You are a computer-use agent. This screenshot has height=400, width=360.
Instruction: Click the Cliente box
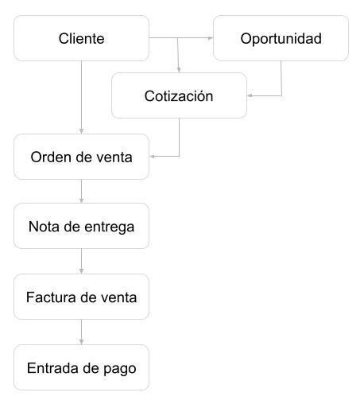(x=82, y=38)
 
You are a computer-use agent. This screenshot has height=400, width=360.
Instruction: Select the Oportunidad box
(x=281, y=38)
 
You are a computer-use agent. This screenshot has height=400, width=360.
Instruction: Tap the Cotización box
(x=179, y=96)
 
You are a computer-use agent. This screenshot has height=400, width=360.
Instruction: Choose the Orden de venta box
(x=82, y=156)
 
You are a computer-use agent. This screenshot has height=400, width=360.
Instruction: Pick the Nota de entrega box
(x=82, y=227)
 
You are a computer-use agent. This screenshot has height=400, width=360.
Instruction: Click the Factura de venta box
(x=82, y=297)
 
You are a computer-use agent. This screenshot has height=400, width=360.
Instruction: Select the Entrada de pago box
(x=82, y=368)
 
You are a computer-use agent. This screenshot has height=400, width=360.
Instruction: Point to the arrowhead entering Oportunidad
(x=210, y=37)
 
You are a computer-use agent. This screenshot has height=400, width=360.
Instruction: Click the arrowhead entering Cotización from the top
(x=179, y=71)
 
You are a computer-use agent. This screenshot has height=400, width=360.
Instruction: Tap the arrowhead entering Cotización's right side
(x=250, y=96)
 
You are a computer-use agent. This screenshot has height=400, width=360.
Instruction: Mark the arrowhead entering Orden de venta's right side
(x=153, y=156)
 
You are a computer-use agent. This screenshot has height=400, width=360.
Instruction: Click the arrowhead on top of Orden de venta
(x=82, y=132)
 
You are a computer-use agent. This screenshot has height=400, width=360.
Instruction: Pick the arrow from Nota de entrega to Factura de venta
(x=82, y=262)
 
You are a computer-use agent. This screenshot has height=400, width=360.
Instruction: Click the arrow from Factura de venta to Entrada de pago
(x=82, y=332)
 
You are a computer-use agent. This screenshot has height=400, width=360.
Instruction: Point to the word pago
(x=121, y=369)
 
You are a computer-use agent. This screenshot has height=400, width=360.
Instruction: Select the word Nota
(x=43, y=227)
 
